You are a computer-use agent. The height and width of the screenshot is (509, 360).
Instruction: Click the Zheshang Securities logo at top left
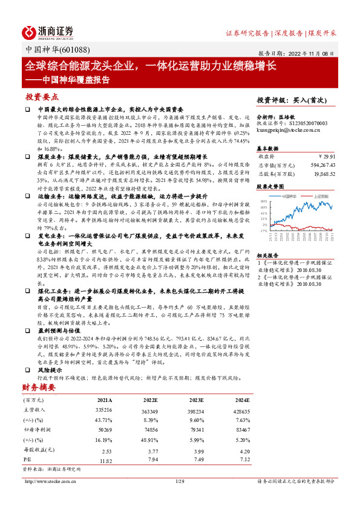tap(48, 31)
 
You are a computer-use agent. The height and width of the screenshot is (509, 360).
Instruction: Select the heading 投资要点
tap(42, 96)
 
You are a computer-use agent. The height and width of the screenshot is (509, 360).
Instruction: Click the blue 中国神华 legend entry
tap(286, 196)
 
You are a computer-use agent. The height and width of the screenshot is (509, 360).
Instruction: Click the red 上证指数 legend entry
tap(319, 196)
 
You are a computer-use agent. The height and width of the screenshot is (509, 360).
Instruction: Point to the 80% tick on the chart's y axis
tap(263, 201)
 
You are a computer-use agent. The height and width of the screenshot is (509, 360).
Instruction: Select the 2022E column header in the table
tap(151, 400)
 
